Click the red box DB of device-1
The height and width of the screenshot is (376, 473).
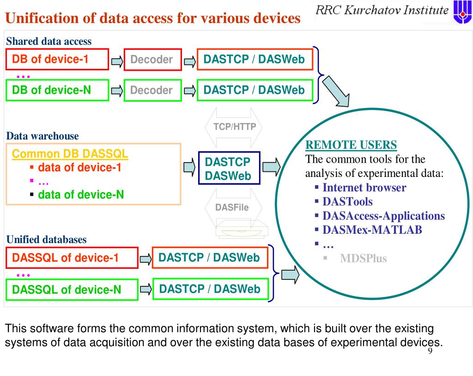(57, 59)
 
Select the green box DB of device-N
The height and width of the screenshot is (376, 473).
(57, 90)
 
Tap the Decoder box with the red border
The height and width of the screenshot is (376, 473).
(152, 60)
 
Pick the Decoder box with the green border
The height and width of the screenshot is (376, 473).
(152, 90)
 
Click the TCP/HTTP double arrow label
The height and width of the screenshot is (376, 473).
(234, 127)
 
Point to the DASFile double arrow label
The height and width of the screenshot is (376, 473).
(232, 207)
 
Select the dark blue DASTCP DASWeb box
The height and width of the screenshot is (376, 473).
(228, 169)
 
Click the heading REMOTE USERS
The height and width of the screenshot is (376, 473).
(351, 145)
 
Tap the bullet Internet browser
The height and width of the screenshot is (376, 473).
(364, 188)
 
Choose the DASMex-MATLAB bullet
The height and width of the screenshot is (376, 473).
(372, 230)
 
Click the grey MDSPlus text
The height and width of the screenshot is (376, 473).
(363, 258)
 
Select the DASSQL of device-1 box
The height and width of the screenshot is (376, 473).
(72, 258)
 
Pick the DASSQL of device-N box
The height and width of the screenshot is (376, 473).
(72, 290)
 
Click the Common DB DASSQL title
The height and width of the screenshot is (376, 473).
(70, 154)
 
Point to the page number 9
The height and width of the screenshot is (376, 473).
(430, 352)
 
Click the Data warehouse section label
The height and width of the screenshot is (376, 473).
(42, 136)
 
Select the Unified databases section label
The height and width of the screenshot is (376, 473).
(46, 240)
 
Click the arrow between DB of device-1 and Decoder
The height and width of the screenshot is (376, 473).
(117, 61)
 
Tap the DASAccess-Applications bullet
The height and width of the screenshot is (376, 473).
(383, 216)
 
